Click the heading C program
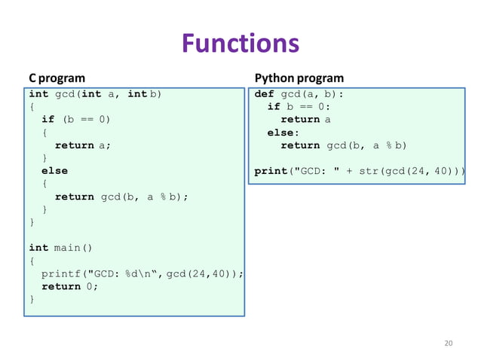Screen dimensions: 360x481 pyautogui.click(x=57, y=78)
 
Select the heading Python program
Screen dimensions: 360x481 pyautogui.click(x=299, y=78)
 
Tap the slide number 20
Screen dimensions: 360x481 pyautogui.click(x=449, y=343)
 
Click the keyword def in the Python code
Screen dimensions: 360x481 pyautogui.click(x=264, y=94)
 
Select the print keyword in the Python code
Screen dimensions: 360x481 pyautogui.click(x=270, y=171)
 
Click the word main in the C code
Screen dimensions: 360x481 pyautogui.click(x=67, y=248)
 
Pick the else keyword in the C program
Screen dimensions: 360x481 pyautogui.click(x=54, y=171)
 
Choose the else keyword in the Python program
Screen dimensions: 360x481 pyautogui.click(x=280, y=133)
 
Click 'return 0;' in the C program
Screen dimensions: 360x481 pyautogui.click(x=70, y=286)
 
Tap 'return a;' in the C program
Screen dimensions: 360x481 pyautogui.click(x=83, y=145)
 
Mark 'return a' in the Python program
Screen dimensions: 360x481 pyautogui.click(x=305, y=120)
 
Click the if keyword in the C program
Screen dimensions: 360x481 pyautogui.click(x=47, y=120)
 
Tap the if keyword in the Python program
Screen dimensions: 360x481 pyautogui.click(x=274, y=107)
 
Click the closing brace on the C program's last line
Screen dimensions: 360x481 pyautogui.click(x=32, y=299)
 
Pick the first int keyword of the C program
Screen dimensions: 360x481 pyautogui.click(x=38, y=94)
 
